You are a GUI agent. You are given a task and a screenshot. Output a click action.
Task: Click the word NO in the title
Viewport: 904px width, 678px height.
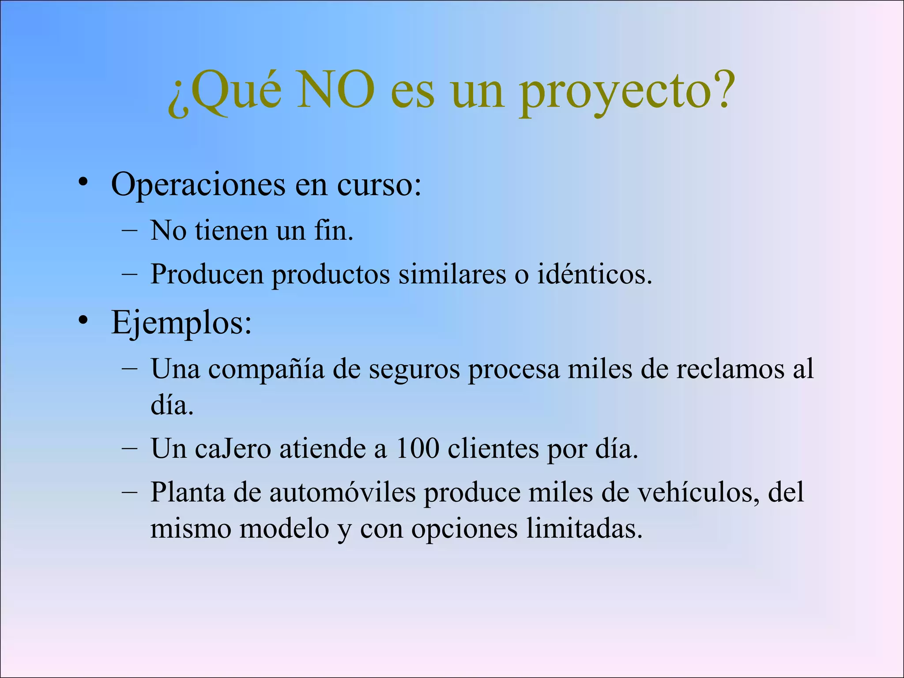[x=336, y=90]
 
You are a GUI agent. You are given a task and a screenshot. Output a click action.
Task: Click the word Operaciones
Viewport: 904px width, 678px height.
[x=198, y=185]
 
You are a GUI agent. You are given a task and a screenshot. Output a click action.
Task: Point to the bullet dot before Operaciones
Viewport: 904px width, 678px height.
[x=83, y=182]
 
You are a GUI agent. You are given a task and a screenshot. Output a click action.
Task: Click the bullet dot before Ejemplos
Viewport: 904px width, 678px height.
[x=83, y=320]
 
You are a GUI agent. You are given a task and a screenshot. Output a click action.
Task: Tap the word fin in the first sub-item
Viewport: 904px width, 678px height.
[x=334, y=230]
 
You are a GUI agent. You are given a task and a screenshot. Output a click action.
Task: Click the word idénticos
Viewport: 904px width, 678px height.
[x=594, y=275]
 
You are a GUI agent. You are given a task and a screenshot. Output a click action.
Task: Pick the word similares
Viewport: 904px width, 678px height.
[x=452, y=275]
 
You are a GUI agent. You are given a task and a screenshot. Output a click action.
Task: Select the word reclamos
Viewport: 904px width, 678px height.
[x=730, y=369]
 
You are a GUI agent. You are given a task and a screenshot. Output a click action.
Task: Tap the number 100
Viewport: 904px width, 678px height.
[x=417, y=448]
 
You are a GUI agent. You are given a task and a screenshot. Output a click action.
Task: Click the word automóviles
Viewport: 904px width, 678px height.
[x=343, y=492]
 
